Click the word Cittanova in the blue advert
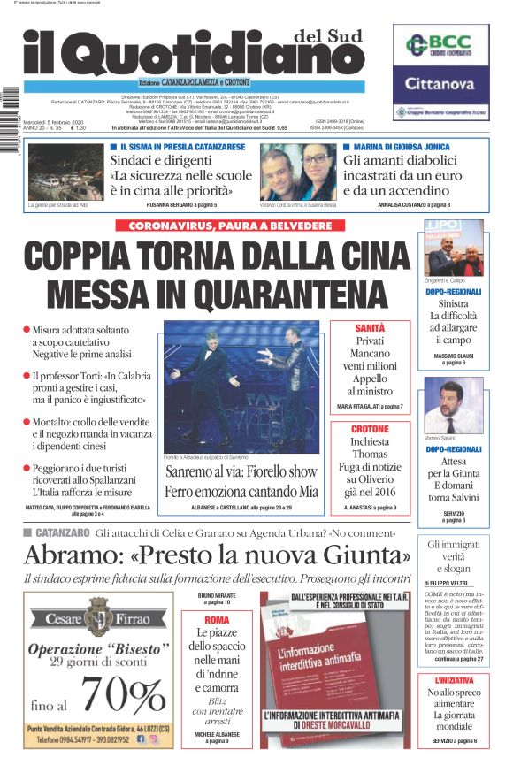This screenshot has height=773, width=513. [440, 86]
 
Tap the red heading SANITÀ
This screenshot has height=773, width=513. [370, 327]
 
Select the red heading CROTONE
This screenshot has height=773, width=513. [370, 429]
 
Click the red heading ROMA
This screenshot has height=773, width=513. [217, 620]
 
